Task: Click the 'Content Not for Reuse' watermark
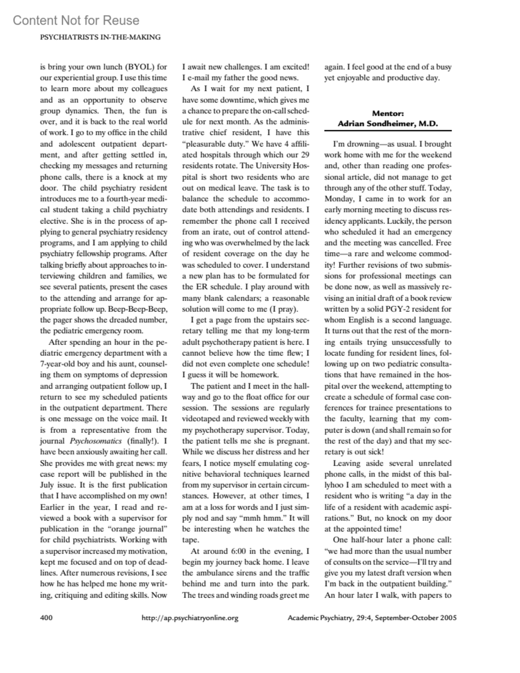tap(76, 20)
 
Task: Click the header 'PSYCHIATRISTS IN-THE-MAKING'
tap(100, 37)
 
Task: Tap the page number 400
tap(46, 618)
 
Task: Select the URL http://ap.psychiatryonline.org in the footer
tap(190, 618)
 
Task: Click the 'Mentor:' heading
tap(388, 114)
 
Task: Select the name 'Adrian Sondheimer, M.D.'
tap(388, 124)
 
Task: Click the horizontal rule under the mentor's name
tap(388, 130)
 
